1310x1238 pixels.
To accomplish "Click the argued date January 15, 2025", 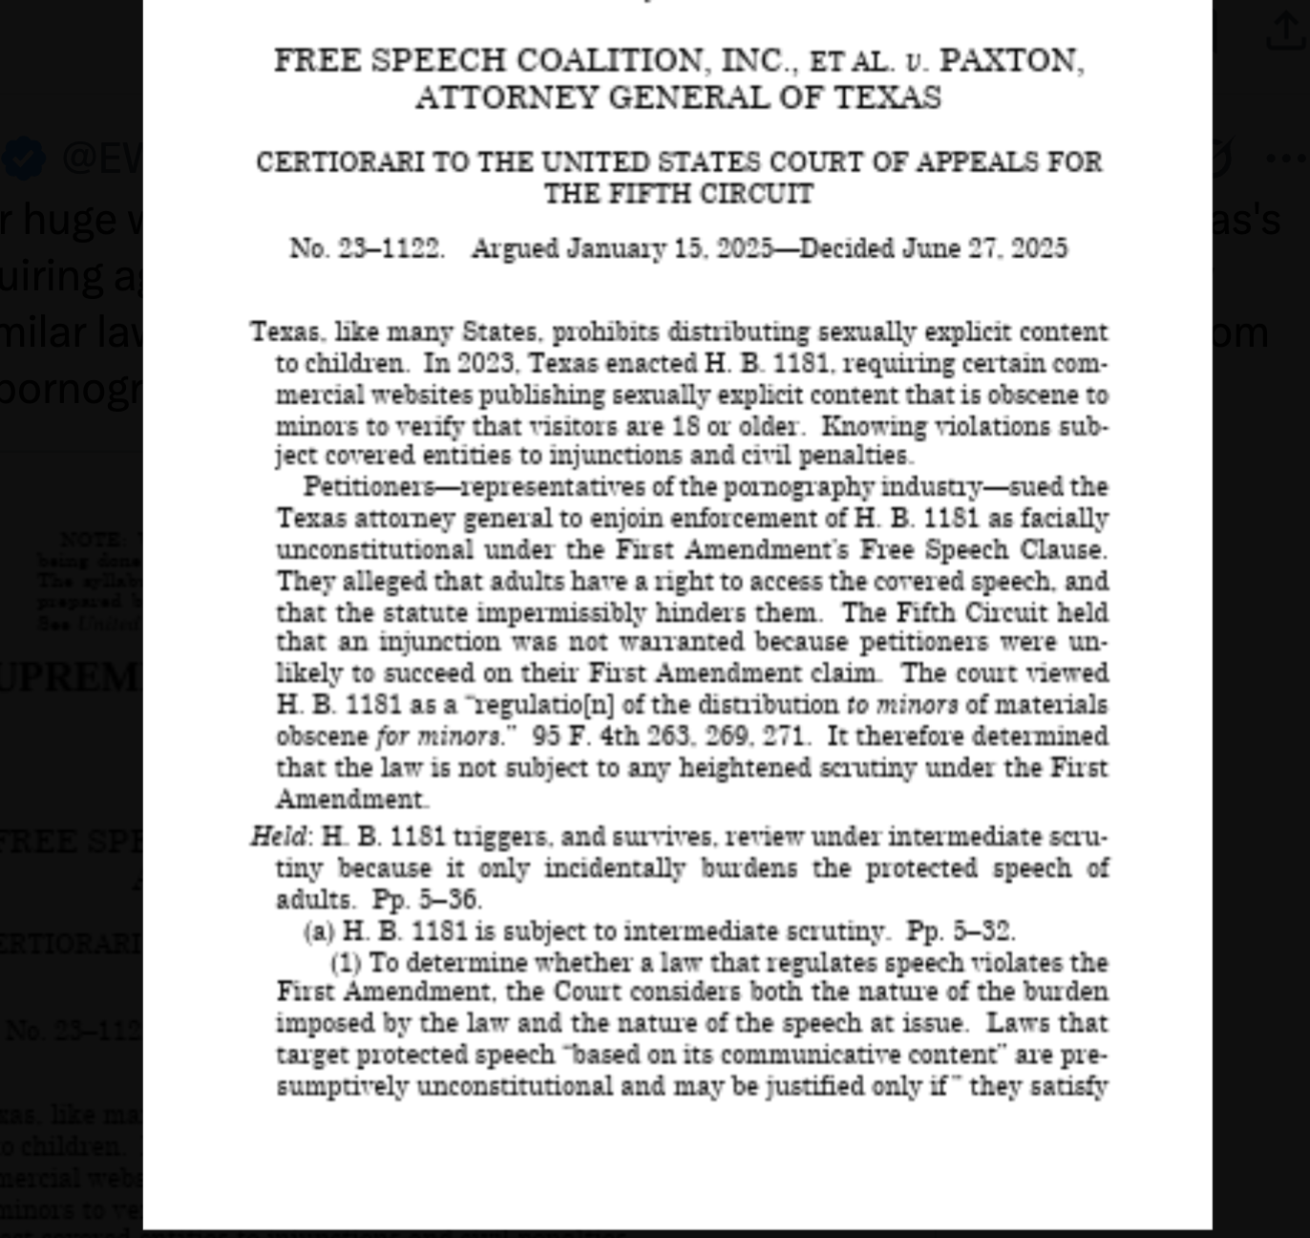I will (x=669, y=249).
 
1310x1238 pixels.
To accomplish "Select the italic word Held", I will (x=278, y=837).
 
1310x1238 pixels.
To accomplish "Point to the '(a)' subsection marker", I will (x=319, y=931).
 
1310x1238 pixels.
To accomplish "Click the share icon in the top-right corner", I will (x=1283, y=32).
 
